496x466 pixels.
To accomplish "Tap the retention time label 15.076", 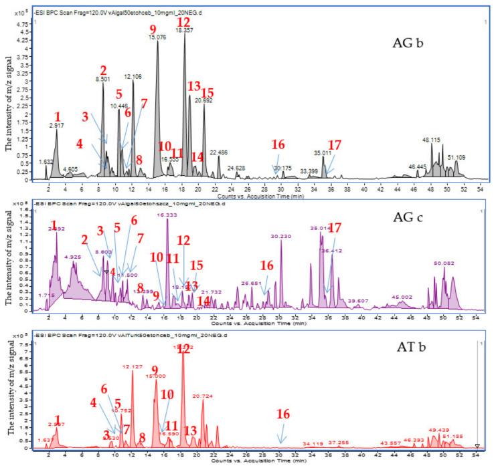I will [x=157, y=38].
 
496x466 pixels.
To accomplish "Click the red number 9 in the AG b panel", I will [x=153, y=28].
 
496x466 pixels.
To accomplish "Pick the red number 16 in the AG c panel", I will [x=267, y=265].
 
